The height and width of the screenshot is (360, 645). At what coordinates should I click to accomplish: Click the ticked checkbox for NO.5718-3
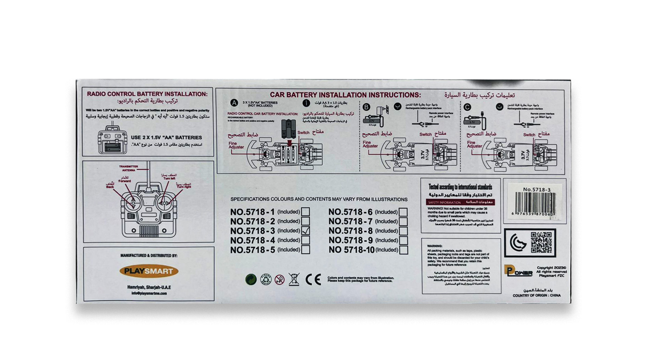(306, 231)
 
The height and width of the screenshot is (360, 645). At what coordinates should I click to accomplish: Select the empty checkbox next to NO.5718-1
(306, 212)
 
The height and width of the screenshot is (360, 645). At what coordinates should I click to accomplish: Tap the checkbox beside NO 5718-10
(404, 250)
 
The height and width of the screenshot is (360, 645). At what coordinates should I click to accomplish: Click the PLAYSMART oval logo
(149, 271)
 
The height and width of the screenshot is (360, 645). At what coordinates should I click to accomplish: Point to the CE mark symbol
(313, 279)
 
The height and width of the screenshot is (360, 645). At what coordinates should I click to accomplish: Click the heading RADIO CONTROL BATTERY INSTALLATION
(147, 94)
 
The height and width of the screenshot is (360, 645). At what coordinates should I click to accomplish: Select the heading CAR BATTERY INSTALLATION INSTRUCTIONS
(345, 95)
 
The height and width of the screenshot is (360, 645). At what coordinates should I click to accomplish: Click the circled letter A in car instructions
(234, 103)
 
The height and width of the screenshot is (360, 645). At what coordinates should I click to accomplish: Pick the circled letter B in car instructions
(366, 106)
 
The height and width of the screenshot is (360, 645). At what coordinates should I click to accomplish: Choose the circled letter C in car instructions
(467, 106)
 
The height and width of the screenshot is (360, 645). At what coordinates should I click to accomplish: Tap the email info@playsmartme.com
(149, 293)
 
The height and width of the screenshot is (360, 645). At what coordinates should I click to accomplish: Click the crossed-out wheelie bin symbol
(294, 279)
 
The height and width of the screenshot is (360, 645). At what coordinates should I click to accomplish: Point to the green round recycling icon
(250, 279)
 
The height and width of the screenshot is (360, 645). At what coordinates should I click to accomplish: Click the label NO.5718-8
(350, 231)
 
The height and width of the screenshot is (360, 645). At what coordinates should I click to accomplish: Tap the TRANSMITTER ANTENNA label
(129, 168)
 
